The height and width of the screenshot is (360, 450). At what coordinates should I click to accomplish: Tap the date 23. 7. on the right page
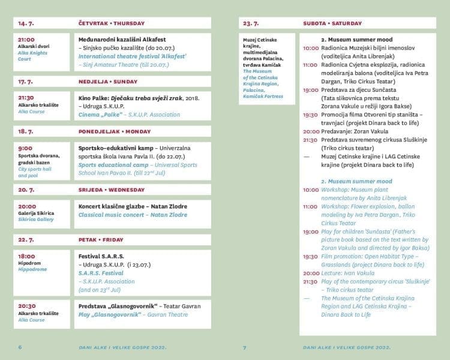pos(251,23)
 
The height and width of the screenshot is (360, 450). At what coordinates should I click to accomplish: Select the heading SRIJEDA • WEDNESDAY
pos(111,190)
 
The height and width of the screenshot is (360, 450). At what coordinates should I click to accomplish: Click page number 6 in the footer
pos(20,347)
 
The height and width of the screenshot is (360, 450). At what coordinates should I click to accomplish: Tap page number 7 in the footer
pos(245,347)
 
